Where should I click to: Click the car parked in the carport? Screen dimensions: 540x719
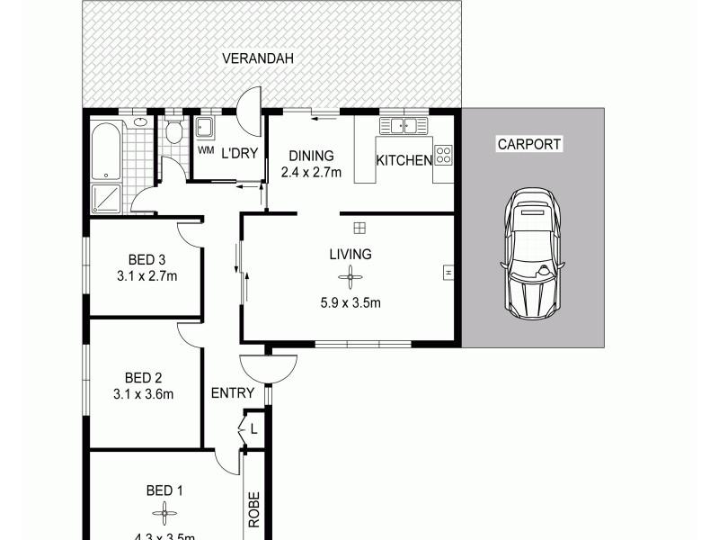(534, 254)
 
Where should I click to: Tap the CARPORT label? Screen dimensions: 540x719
(528, 144)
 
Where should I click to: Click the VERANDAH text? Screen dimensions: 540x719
(258, 59)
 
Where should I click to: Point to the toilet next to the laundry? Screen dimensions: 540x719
(174, 133)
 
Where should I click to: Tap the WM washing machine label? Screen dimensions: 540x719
(205, 149)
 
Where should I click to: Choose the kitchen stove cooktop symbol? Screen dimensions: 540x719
(442, 155)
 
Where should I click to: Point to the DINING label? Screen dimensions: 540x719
(311, 156)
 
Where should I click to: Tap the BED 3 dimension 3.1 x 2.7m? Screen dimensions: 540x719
(146, 276)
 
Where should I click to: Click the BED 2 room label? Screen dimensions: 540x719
(144, 377)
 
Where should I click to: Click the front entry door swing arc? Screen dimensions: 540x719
(268, 367)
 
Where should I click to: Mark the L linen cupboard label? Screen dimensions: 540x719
(254, 430)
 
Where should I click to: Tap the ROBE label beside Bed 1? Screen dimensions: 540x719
(254, 509)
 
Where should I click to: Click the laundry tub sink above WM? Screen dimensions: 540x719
(205, 126)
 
